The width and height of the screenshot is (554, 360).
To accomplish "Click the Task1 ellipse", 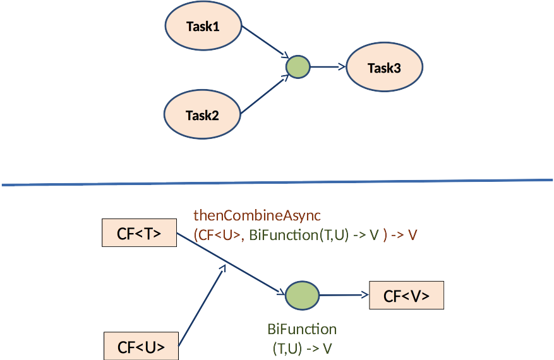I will [203, 26].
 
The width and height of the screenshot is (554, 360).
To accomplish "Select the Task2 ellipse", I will [202, 114].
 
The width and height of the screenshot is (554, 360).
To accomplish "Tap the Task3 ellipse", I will [384, 68].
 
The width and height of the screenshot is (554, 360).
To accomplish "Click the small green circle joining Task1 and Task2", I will [298, 66].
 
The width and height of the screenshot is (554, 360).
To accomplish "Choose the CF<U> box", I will [142, 347].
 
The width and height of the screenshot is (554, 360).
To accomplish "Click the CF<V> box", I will [406, 296].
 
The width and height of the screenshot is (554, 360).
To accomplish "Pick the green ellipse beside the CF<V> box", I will [303, 295].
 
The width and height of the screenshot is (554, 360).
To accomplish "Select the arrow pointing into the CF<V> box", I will [344, 295].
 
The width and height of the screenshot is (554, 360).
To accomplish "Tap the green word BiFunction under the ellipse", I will [302, 330].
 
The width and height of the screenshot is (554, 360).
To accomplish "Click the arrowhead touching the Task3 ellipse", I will [341, 66].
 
